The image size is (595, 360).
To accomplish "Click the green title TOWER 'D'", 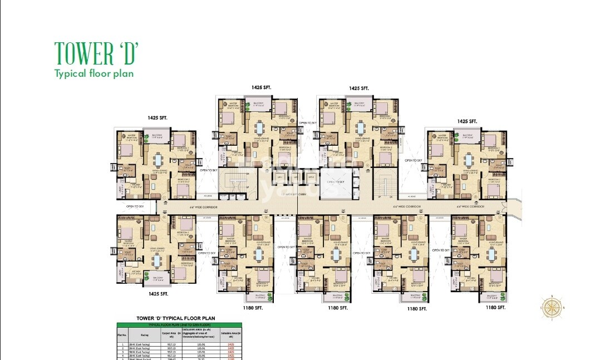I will coord(96,53).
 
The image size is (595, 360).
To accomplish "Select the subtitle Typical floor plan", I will coord(94,73).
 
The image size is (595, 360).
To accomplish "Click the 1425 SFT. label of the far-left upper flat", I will coord(158,118).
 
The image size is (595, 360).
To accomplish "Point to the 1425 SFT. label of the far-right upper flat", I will coord(467,121).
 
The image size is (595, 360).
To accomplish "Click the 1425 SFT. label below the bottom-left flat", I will coord(158,293).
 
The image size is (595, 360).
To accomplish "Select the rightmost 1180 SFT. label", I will coord(495,307).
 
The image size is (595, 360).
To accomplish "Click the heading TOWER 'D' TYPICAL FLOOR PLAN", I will coord(176,318).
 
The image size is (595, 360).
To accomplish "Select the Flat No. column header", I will coord(122,335).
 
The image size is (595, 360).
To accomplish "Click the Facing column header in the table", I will coord(145,335).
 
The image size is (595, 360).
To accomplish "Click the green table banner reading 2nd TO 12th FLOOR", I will coord(176,324).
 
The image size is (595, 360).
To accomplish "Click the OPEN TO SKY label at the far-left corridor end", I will coord(135,206).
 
